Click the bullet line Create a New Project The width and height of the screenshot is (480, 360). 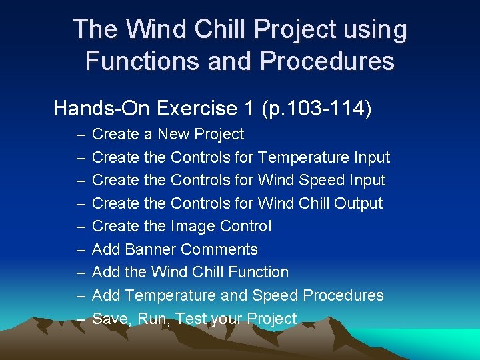[x=167, y=134]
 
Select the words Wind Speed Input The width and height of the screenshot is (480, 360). [x=321, y=180]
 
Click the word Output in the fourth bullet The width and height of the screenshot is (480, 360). [x=358, y=203]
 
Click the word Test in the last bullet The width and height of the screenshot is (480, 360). [x=192, y=319]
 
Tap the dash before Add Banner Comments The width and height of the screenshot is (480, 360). [x=80, y=249]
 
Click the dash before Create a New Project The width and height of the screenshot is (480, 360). [x=80, y=134]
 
